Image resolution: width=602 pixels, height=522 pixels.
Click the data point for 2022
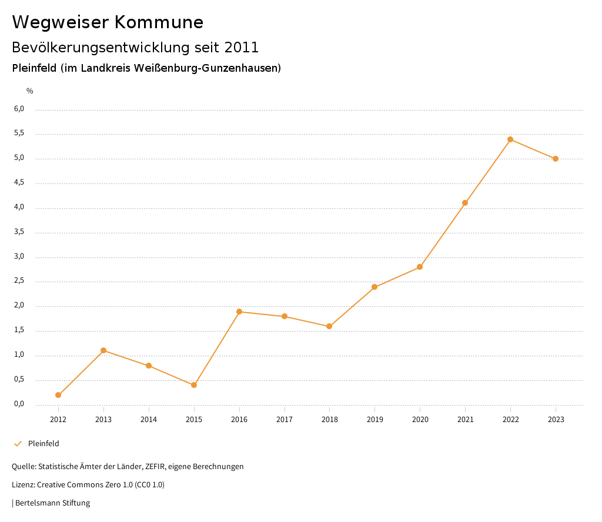pyautogui.click(x=510, y=139)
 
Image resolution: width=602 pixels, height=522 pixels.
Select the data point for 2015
pyautogui.click(x=194, y=385)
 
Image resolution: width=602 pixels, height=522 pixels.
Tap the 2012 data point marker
pyautogui.click(x=58, y=395)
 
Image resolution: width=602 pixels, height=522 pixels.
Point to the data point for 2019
pyautogui.click(x=374, y=287)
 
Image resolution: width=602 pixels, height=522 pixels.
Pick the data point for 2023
pyautogui.click(x=556, y=159)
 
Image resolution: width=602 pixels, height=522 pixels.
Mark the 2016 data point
pyautogui.click(x=239, y=312)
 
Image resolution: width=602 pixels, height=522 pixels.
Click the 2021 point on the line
pyautogui.click(x=465, y=203)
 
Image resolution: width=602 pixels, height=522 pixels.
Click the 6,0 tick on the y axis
pyautogui.click(x=19, y=109)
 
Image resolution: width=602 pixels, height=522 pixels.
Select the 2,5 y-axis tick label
pyautogui.click(x=19, y=280)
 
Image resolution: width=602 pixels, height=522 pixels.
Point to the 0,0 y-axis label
pyautogui.click(x=19, y=404)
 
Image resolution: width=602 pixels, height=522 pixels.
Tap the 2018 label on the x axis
pyautogui.click(x=329, y=420)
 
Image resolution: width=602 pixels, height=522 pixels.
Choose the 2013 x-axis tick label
pyautogui.click(x=103, y=420)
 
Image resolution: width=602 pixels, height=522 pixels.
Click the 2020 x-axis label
pyautogui.click(x=420, y=420)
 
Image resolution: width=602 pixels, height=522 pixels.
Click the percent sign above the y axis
pyautogui.click(x=30, y=91)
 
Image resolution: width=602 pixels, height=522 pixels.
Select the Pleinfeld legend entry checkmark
pyautogui.click(x=18, y=444)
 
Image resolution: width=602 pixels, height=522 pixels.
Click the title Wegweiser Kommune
pyautogui.click(x=108, y=22)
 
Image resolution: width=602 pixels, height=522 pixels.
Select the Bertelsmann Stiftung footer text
pyautogui.click(x=52, y=503)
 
